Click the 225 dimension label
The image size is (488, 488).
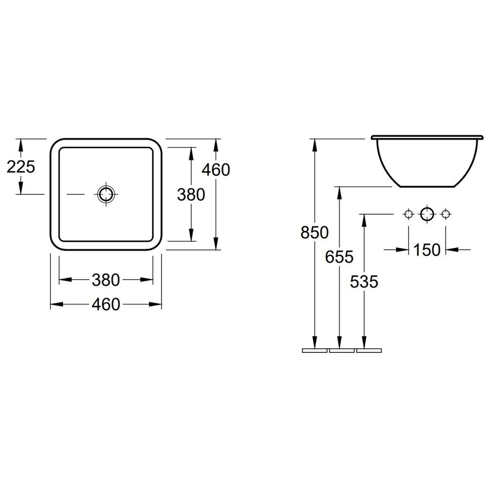20,167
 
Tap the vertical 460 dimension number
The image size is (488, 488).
216,170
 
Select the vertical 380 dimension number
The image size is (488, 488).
191,195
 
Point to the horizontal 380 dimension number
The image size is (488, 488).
106,280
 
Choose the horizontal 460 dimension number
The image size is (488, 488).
106,304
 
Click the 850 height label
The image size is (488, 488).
315,232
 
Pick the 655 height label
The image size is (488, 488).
339,257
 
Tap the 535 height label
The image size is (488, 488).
364,282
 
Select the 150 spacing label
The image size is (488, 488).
427,249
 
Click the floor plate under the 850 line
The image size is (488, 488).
315,350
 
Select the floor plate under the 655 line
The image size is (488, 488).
342,350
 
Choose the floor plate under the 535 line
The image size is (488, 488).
369,350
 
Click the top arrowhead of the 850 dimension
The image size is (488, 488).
315,145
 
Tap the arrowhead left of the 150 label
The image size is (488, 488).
402,249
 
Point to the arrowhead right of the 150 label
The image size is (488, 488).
452,249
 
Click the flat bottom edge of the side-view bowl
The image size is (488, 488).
427,187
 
